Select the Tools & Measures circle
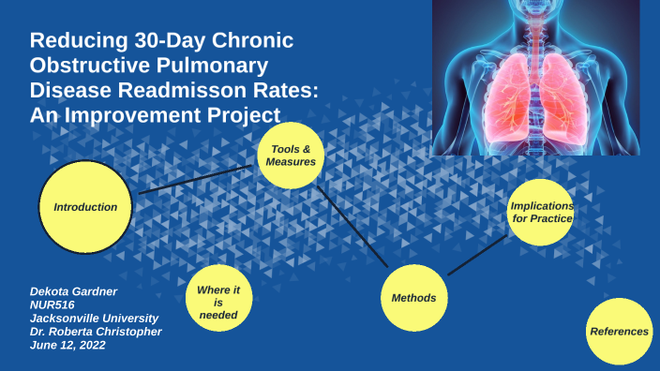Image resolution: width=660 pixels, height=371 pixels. pos(291,156)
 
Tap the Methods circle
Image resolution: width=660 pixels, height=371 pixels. pos(413,298)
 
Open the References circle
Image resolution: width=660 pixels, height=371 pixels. pos(620,331)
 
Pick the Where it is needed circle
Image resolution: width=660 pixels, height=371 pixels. pos(217,303)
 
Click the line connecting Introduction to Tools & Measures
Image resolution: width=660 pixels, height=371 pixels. pos(197,179)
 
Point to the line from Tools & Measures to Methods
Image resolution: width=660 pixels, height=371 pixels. pos(352,225)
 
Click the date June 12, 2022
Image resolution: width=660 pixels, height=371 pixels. pos(67,345)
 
